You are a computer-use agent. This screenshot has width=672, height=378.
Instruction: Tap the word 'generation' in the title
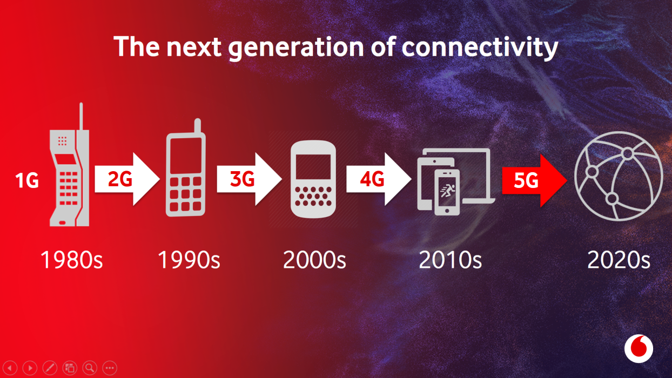coord(296,48)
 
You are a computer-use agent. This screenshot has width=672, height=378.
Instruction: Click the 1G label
coord(27,180)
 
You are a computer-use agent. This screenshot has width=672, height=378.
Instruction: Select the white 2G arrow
coord(127,179)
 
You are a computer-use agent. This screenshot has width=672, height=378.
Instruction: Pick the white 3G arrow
coord(250,179)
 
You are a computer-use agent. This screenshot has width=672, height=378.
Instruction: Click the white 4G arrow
coord(379,179)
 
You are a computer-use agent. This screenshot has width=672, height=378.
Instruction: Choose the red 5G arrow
coord(535,180)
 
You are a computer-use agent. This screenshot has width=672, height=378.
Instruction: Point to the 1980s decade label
coord(71,260)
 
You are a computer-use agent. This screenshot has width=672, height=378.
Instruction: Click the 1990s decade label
coord(189,260)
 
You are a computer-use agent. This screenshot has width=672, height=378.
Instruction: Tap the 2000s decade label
coord(314,260)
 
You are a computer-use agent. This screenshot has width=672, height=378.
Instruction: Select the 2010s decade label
coord(450,260)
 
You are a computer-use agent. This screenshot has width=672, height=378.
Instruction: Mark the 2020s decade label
coord(619,260)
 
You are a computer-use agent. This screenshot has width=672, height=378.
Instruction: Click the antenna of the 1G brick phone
coord(81,117)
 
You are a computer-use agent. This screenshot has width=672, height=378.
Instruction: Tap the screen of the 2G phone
coord(186,155)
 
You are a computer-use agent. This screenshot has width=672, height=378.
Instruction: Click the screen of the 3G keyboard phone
coord(313,167)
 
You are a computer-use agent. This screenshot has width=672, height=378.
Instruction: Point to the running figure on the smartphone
coord(447,191)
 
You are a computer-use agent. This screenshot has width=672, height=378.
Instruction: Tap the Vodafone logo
coord(639,349)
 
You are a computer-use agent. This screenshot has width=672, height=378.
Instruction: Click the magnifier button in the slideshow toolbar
coord(90,368)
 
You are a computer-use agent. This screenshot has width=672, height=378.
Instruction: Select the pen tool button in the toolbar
coord(50,368)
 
